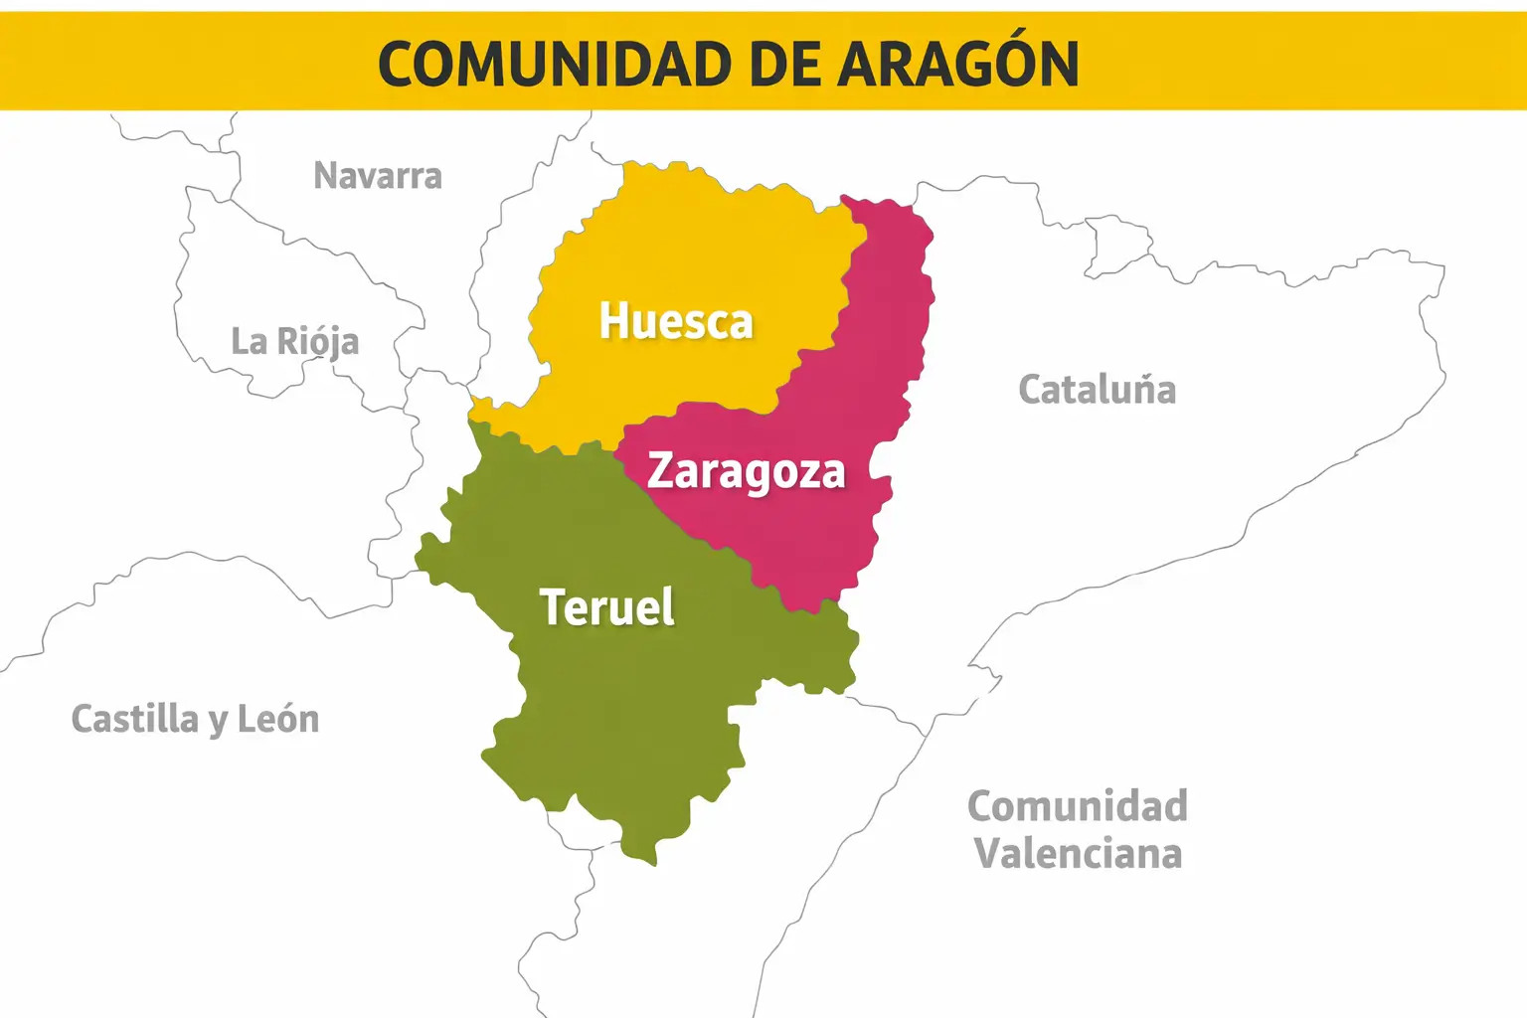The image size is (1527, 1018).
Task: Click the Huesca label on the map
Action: pyautogui.click(x=676, y=321)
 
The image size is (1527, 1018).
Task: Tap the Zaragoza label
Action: pyautogui.click(x=746, y=471)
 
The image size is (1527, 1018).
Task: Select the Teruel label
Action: pyautogui.click(x=606, y=606)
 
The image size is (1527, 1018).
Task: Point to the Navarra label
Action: pyautogui.click(x=378, y=176)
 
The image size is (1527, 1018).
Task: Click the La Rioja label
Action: pyautogui.click(x=294, y=341)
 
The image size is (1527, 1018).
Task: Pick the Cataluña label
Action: pyautogui.click(x=1097, y=389)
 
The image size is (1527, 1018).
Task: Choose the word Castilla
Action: pyautogui.click(x=135, y=718)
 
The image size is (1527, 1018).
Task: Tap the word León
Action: pyautogui.click(x=278, y=718)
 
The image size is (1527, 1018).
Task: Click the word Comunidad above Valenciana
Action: pyautogui.click(x=1078, y=806)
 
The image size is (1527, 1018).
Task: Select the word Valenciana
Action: pyautogui.click(x=1078, y=853)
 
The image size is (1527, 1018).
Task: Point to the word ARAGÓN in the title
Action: pyautogui.click(x=958, y=65)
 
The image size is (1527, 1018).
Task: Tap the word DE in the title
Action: pyautogui.click(x=784, y=65)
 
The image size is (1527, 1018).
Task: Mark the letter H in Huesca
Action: pyautogui.click(x=613, y=321)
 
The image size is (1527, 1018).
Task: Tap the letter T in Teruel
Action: pyautogui.click(x=553, y=606)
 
